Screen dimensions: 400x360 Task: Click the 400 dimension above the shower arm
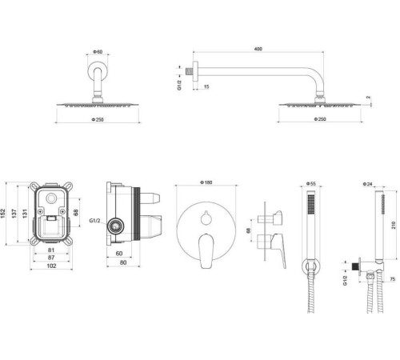point(258,49)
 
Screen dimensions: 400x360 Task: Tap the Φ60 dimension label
point(98,52)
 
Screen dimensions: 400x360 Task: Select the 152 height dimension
point(3,213)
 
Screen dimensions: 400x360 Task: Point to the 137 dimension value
point(14,214)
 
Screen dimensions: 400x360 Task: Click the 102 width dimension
point(51,266)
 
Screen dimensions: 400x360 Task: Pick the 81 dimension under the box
point(51,250)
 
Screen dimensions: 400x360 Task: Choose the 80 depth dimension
point(123,262)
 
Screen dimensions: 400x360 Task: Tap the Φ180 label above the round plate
point(206,182)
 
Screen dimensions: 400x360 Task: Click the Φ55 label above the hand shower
point(311,183)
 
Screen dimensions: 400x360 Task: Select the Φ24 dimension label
point(368,184)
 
